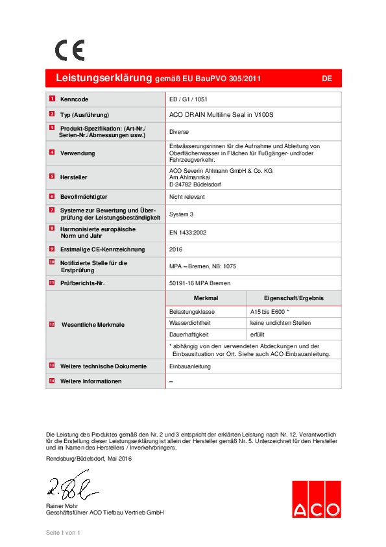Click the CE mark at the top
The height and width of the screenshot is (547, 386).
69,50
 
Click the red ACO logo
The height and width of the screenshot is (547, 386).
316,500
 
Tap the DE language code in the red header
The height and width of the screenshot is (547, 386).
327,79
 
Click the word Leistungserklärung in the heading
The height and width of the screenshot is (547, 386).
104,78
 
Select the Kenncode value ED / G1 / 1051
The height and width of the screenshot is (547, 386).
188,99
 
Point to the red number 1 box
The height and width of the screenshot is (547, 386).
52,99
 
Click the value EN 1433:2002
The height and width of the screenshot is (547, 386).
187,232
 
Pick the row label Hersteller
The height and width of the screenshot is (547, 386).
73,177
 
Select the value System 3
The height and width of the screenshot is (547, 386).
181,214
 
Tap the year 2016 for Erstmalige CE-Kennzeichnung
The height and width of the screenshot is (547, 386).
176,249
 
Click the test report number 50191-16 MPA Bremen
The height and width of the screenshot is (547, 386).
199,283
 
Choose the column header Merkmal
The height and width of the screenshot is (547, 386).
206,298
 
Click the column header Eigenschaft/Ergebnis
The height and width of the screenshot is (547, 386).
294,298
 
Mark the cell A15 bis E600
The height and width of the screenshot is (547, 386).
269,312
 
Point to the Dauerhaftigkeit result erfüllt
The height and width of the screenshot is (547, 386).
259,333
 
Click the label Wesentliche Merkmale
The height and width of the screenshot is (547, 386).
92,324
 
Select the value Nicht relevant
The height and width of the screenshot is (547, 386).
187,196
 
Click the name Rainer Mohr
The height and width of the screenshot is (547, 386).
63,505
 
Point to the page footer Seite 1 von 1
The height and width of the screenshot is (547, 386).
63,533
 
